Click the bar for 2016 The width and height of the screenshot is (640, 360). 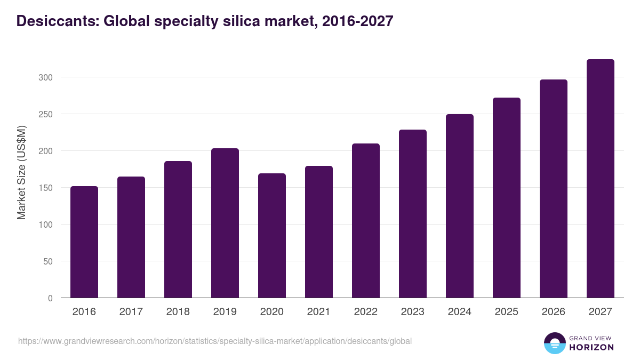coord(84,242)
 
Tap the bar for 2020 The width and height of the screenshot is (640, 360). coord(272,236)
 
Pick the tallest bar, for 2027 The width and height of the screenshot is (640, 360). coord(600,179)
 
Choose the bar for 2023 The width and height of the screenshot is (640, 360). coord(413,213)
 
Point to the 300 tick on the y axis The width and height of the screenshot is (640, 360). coord(46,77)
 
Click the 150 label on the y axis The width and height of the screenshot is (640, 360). coord(46,188)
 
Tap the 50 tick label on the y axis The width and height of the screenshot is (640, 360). coord(48,261)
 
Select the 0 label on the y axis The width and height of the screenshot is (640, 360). coord(50,298)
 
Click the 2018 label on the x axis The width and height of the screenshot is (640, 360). coord(178,312)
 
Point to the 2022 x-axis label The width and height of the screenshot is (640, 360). coord(366,312)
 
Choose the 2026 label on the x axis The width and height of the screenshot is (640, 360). coord(553,312)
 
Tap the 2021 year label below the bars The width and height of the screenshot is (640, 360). coord(319,312)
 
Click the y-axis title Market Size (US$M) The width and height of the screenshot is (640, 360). coord(21,172)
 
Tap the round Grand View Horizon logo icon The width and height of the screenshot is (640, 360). coord(555,343)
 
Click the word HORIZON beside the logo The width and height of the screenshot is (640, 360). coord(591,347)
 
